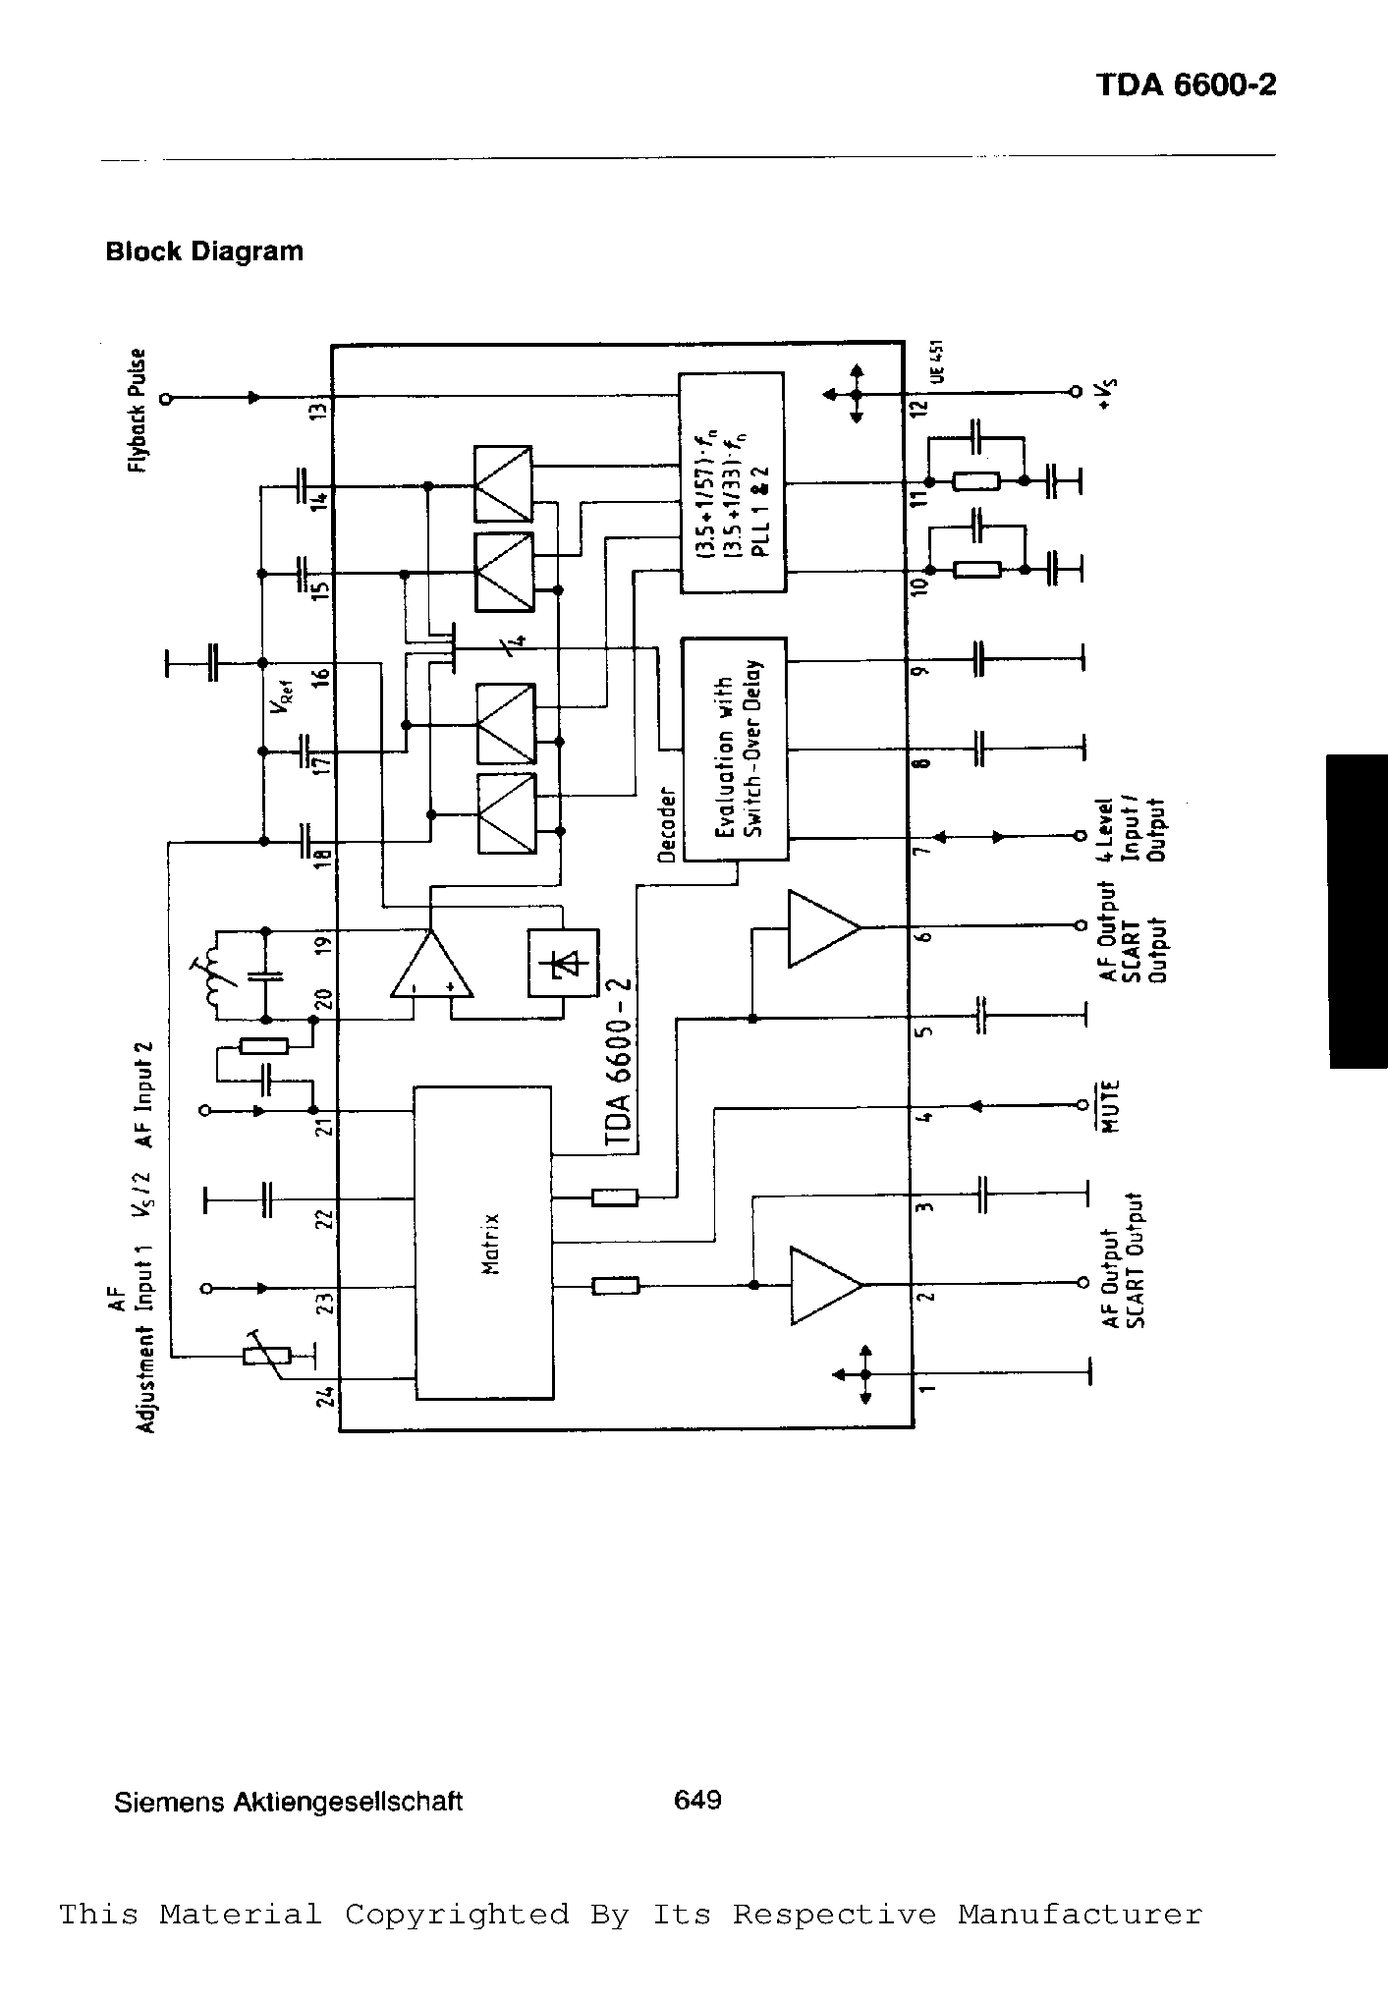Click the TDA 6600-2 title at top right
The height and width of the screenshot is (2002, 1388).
tap(1186, 85)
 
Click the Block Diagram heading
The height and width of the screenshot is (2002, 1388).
tap(204, 251)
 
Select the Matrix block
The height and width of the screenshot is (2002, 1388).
tap(482, 1242)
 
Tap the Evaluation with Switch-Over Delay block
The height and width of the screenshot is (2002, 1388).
tap(734, 749)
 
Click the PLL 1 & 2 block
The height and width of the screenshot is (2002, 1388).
tap(733, 482)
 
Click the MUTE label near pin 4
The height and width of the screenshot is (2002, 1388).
tap(1110, 1106)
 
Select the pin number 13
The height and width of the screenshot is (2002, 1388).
tap(317, 410)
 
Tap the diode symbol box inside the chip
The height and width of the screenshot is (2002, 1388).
tap(563, 964)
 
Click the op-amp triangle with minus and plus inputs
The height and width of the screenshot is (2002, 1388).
tap(431, 968)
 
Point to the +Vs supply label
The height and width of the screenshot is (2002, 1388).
tap(1107, 393)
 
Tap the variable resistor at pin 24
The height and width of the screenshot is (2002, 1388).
tap(266, 1356)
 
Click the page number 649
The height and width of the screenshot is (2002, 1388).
tap(697, 1800)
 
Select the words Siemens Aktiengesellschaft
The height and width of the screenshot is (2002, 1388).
tap(288, 1803)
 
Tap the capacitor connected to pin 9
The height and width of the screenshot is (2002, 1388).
tap(977, 659)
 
